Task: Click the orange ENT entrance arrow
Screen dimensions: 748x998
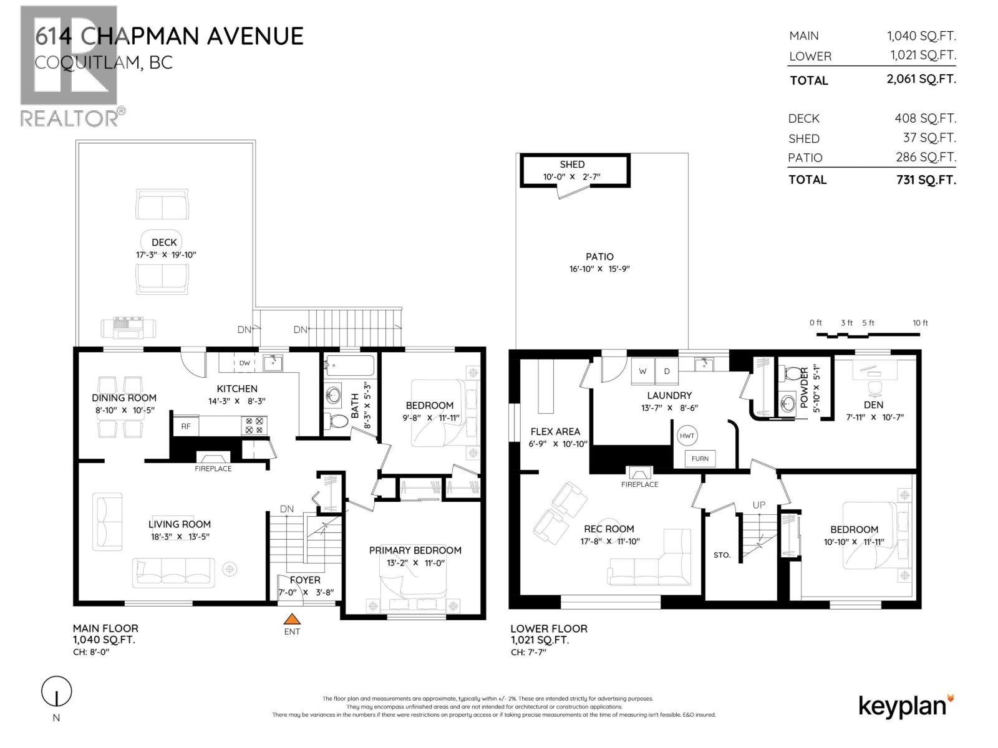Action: [291, 619]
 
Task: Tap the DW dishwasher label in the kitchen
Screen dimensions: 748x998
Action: [245, 363]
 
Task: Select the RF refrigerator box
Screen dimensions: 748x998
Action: [186, 426]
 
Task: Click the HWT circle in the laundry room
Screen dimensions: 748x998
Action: [687, 436]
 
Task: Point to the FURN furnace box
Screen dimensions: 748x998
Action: [700, 458]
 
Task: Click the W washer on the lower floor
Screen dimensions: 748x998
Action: [643, 371]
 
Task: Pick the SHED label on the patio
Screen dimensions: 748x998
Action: [572, 165]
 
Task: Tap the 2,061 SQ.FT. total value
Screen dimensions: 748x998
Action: [921, 79]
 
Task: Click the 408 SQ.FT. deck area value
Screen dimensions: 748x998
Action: [925, 118]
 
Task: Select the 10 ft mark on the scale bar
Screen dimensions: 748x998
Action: [920, 323]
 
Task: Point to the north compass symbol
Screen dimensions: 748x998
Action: [57, 692]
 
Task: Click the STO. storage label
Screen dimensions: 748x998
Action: [722, 555]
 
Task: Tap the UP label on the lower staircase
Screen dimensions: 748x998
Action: [758, 505]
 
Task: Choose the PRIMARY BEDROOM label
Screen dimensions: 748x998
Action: [415, 550]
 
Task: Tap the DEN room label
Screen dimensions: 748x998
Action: [873, 405]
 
